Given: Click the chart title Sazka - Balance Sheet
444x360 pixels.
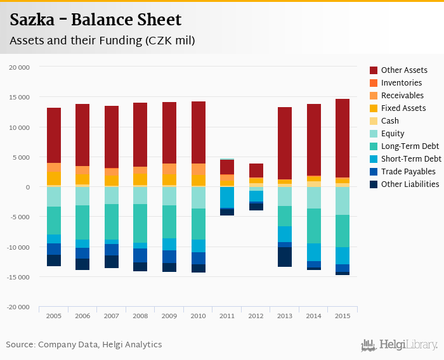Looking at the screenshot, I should coord(95,20).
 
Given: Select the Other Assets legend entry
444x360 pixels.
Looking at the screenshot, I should coord(403,70).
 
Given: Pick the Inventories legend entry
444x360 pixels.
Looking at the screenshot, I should coord(401,83).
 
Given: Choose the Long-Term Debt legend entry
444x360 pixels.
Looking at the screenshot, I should coord(410,146).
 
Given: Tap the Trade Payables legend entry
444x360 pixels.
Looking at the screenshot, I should coord(408,172).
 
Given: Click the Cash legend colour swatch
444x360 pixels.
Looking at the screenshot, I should coord(374,121).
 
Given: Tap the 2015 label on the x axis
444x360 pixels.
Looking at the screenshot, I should coord(342,316).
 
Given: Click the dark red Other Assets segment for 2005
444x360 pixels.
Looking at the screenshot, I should coord(54,135).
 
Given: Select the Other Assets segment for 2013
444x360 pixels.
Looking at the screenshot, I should coord(284,143).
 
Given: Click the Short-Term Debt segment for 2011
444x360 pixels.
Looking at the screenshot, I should coord(226,197).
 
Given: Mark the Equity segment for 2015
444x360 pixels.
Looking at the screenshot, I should coord(342,201).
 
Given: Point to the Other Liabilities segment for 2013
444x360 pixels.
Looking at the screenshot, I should coord(284,257).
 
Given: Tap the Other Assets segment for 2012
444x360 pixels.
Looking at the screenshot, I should coord(256,170).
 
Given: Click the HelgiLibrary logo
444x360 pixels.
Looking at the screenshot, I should coord(400,345).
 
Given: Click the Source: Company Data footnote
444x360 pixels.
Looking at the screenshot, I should coord(84,345).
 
